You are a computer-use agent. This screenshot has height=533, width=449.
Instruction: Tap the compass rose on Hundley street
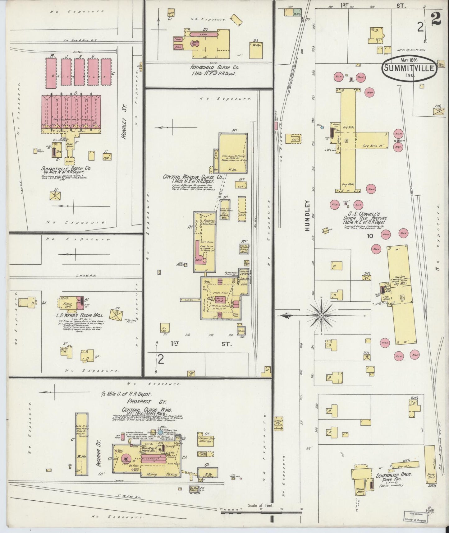321,315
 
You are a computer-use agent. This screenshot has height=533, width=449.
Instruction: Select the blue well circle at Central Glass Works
160,433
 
